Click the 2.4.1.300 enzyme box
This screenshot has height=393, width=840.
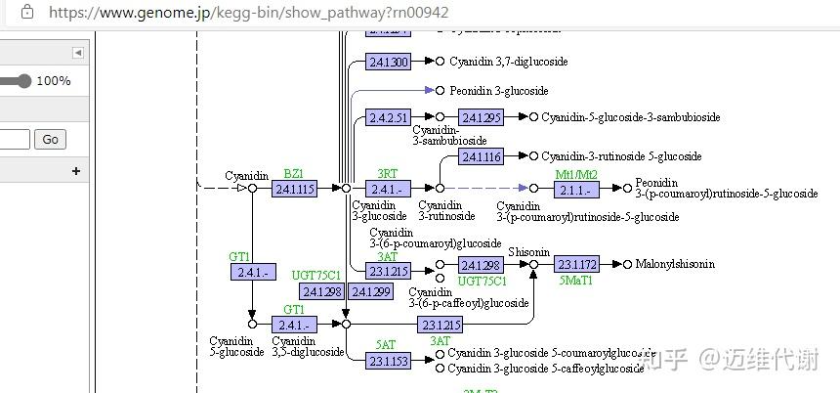tap(388, 62)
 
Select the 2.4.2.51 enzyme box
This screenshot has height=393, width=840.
tap(388, 118)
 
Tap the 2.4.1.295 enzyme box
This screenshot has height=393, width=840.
tap(481, 118)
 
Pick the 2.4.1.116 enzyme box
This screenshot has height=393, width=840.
tap(481, 156)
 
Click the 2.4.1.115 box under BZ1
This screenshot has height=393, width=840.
tap(294, 189)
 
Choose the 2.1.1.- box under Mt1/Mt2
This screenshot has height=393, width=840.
tap(575, 189)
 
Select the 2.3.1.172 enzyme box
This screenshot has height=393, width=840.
tap(575, 265)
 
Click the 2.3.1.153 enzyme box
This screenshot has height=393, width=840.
tap(388, 361)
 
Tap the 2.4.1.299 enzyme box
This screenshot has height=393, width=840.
tap(370, 291)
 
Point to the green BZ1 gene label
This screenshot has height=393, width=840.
tap(293, 173)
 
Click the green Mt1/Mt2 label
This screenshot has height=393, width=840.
tap(575, 174)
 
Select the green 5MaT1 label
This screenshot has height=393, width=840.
tap(575, 281)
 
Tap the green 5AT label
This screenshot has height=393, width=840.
tap(386, 344)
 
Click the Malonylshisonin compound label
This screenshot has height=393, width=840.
tap(674, 264)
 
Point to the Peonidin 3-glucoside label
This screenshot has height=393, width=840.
tap(498, 91)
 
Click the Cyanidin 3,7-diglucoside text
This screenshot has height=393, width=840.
tap(508, 62)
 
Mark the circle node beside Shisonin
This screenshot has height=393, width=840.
tap(533, 265)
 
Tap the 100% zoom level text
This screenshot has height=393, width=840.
tap(54, 81)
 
